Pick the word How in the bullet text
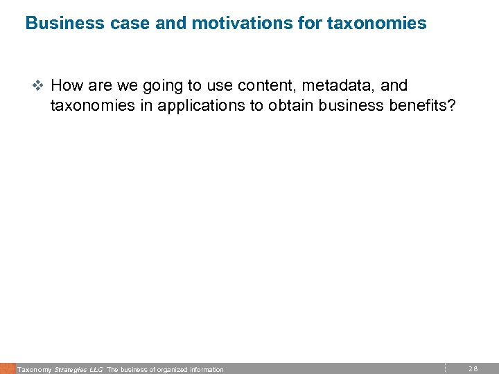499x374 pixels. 67,85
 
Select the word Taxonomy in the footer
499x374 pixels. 34,370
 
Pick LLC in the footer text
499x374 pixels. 96,370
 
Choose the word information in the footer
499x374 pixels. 206,370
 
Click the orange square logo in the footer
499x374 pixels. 7,368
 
